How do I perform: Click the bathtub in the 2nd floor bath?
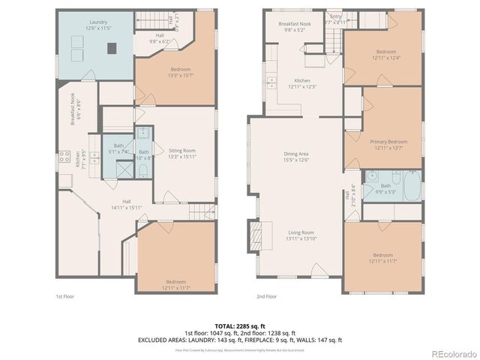click(x=413, y=185)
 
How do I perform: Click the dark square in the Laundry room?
click(x=112, y=48)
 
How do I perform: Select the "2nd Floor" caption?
click(x=266, y=297)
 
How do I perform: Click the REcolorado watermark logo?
click(x=452, y=354)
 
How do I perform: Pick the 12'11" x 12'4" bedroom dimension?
click(x=385, y=58)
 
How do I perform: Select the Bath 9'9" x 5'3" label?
click(x=385, y=188)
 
